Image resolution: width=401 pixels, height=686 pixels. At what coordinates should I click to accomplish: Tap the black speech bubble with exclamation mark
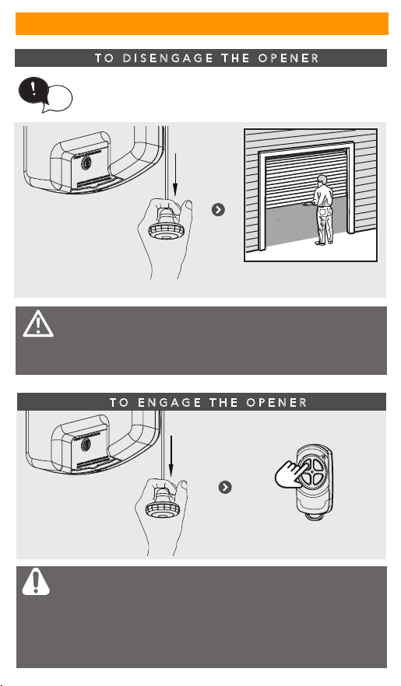point(33,91)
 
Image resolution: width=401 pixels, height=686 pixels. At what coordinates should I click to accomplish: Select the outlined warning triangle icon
point(38,324)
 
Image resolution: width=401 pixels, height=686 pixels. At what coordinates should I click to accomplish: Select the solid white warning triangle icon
point(36,582)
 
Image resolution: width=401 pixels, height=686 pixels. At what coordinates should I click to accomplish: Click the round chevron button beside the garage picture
point(218,210)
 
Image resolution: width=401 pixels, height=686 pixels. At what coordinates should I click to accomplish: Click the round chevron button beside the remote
point(225,488)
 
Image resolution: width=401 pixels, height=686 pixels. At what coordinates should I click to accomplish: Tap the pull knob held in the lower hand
point(159,504)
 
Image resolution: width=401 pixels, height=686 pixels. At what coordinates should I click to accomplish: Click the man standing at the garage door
point(322,210)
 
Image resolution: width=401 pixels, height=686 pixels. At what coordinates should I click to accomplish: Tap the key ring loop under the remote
point(312,517)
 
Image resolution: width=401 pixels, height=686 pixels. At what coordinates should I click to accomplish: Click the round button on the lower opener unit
point(86,445)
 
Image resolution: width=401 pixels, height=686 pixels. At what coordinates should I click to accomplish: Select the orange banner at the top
point(202,23)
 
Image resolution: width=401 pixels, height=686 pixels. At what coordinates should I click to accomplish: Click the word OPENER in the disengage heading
point(289,58)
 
